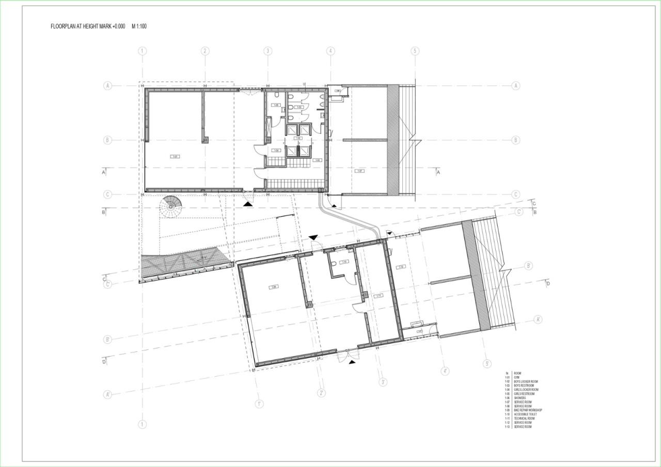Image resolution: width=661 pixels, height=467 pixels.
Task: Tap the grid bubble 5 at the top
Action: [x=415, y=51]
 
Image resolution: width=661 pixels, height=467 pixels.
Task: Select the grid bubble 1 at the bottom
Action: [x=143, y=424]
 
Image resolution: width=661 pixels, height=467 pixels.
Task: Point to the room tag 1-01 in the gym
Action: [x=176, y=156]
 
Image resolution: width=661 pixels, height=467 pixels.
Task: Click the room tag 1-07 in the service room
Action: [x=360, y=170]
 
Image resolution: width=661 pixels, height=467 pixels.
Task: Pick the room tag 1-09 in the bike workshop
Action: [x=274, y=287]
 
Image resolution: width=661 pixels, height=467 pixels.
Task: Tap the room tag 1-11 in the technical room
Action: [x=379, y=296]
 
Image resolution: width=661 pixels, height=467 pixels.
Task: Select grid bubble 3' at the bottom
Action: [x=383, y=382]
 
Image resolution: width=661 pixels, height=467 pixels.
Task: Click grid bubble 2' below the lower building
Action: [x=321, y=393]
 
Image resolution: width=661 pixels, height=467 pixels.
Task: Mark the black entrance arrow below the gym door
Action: [x=248, y=204]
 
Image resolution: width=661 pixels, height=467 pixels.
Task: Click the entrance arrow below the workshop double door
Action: [x=352, y=362]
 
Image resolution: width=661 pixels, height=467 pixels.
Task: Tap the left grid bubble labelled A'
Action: [x=108, y=395]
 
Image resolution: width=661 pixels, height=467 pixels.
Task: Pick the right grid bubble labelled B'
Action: [x=529, y=266]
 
